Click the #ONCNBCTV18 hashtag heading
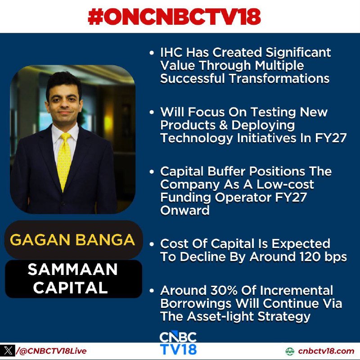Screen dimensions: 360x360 pos(174,17)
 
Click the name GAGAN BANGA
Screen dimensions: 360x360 pos(72,240)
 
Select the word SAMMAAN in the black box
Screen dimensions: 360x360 pos(72,269)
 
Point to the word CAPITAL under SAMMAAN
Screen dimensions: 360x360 pos(71,288)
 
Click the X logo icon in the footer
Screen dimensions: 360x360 pos(8,351)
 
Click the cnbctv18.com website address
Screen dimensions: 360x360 pos(326,351)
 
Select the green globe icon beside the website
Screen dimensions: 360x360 pos(290,351)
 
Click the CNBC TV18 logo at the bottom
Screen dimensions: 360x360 pos(178,343)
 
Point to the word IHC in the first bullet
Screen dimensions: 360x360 pos(172,53)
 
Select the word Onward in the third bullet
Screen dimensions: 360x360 pos(185,210)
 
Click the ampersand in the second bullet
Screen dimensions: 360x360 pos(223,126)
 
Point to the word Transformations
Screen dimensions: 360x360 pos(279,78)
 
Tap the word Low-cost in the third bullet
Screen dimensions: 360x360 pos(285,184)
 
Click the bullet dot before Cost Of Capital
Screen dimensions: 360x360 pos(152,244)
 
